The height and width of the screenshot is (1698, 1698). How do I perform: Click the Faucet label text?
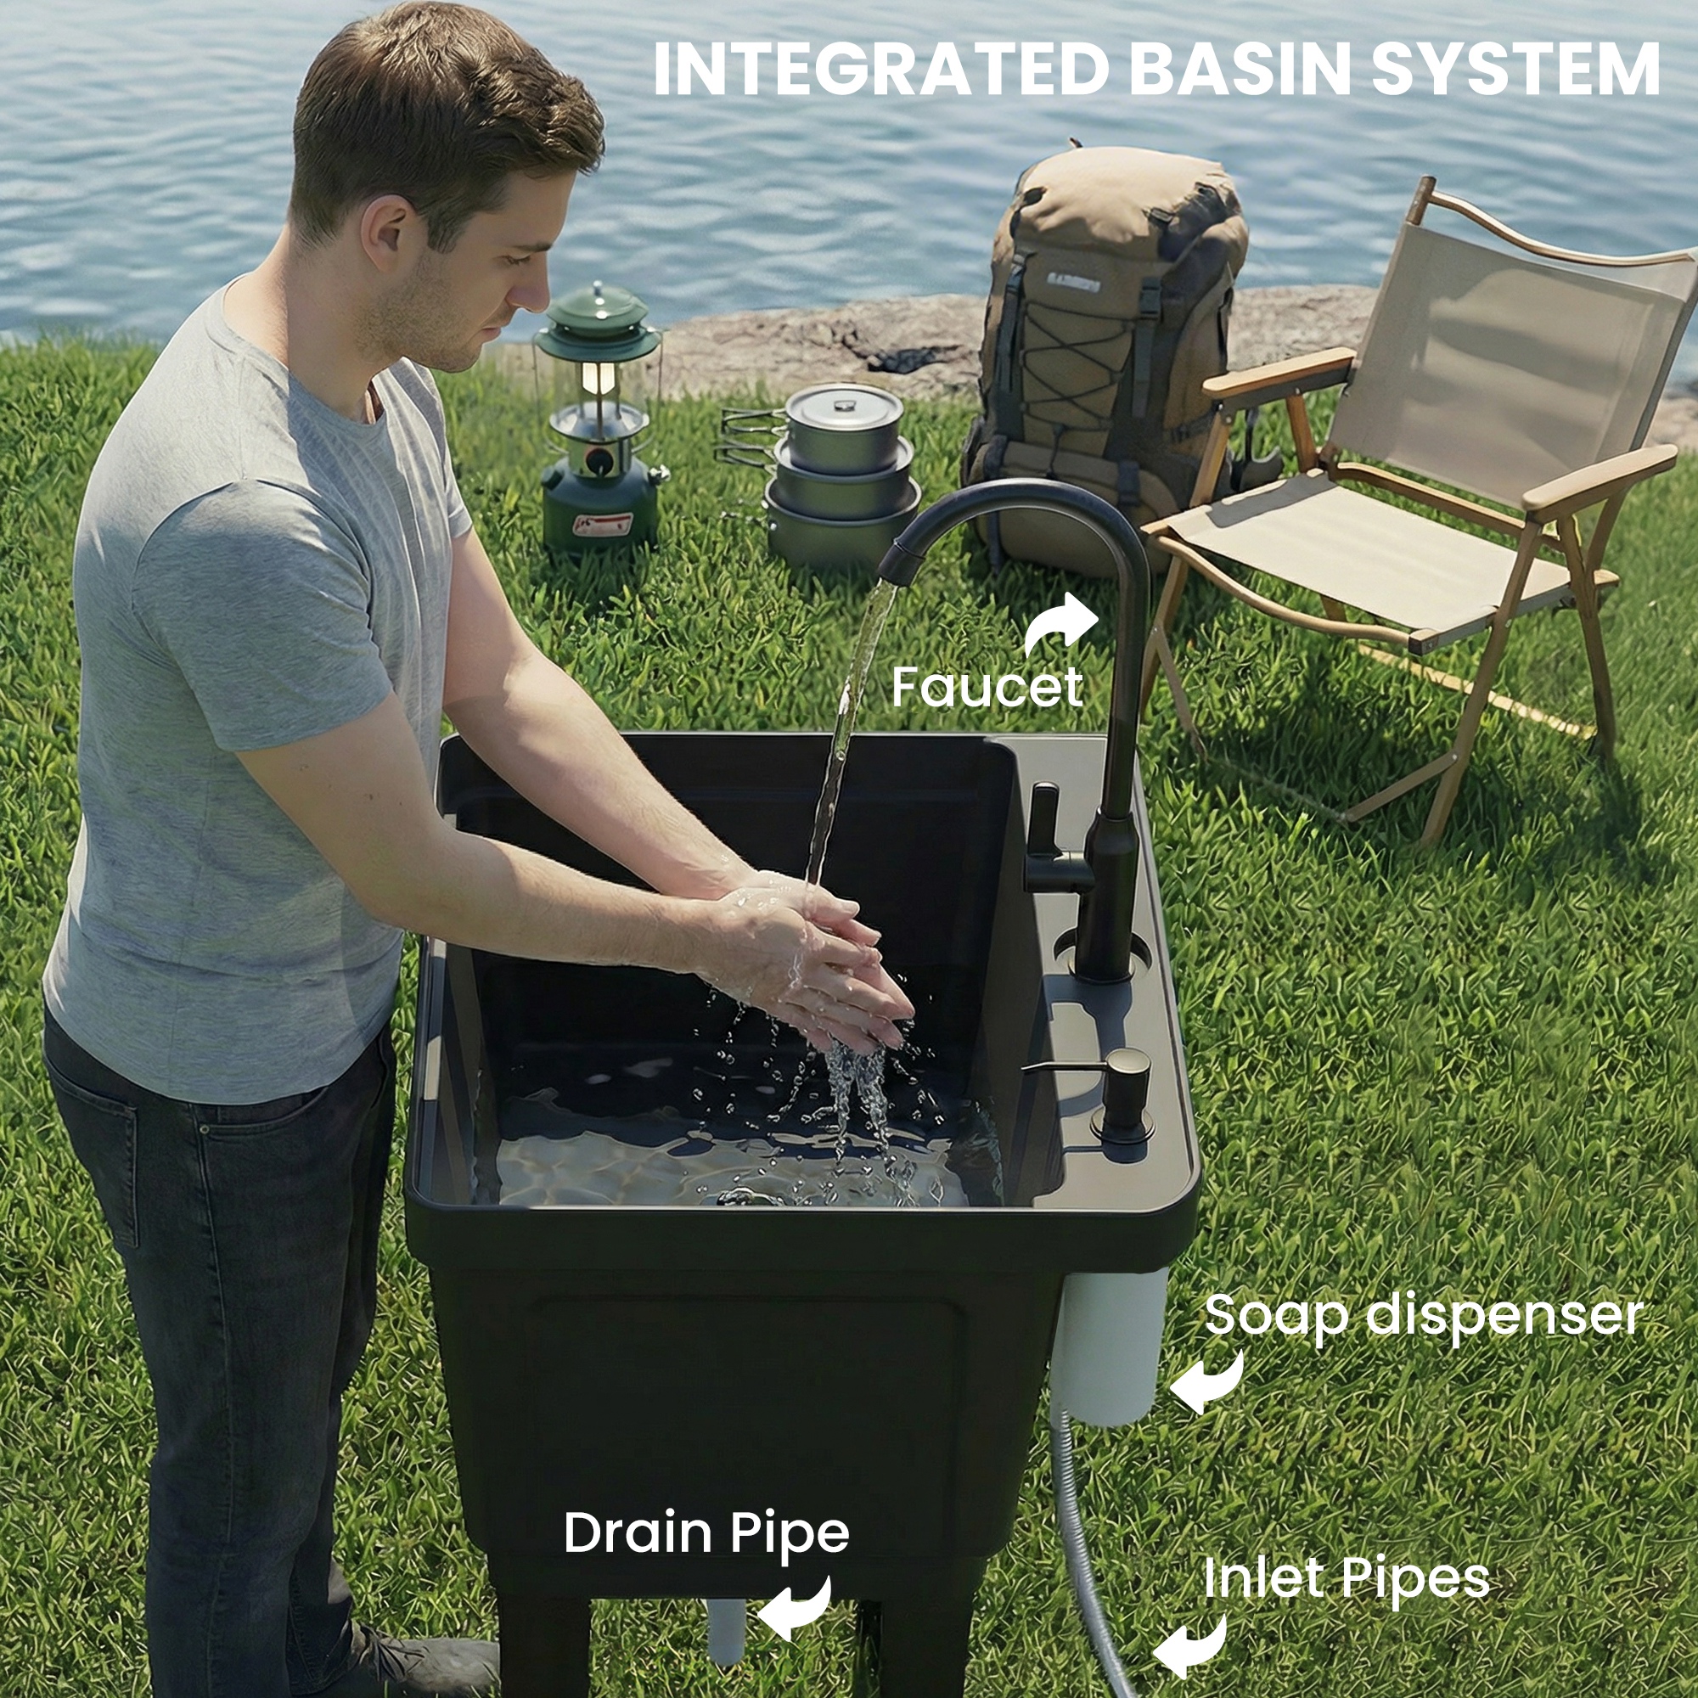986,688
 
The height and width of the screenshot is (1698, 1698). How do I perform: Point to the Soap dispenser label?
1423,1316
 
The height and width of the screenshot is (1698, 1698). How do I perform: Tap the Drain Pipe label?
706,1532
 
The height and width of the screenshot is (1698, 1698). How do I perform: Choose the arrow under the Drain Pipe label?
796,1607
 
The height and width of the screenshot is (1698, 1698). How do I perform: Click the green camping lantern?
599,422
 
